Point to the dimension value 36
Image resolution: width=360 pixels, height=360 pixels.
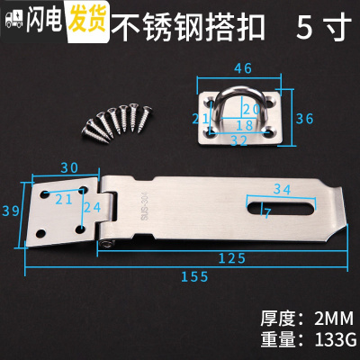click(x=305, y=118)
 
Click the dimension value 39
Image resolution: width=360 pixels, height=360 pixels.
click(x=12, y=210)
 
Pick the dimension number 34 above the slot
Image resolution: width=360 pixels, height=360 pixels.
click(x=282, y=188)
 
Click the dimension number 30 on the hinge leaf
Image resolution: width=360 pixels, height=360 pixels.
click(x=67, y=166)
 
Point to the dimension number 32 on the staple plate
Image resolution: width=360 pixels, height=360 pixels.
click(x=238, y=139)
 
